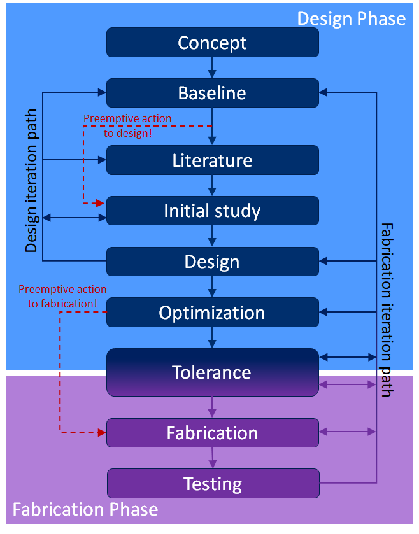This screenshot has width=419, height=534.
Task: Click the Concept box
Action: tap(213, 42)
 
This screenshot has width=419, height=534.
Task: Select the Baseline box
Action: tap(213, 93)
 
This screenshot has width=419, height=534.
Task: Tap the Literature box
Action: tap(213, 160)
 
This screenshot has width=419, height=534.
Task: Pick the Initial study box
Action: tap(213, 211)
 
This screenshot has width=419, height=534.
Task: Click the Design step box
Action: tap(213, 262)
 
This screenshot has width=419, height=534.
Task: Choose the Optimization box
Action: tap(213, 313)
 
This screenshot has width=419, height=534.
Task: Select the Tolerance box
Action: tap(213, 372)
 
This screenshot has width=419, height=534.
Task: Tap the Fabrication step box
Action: tap(213, 433)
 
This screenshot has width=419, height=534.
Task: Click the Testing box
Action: tap(213, 483)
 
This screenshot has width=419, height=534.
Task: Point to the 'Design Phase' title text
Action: tap(352, 18)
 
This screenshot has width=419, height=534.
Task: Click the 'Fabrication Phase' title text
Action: tap(85, 509)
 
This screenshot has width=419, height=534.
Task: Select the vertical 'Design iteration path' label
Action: tap(31, 181)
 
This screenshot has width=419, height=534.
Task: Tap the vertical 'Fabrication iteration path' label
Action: tap(387, 310)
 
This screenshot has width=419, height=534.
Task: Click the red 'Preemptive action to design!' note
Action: tap(127, 125)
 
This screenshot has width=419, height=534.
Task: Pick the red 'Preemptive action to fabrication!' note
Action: tap(62, 297)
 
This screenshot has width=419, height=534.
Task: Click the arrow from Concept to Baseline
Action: tap(212, 67)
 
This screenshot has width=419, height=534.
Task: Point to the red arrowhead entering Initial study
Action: tap(100, 203)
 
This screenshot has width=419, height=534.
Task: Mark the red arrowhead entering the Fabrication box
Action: tap(102, 433)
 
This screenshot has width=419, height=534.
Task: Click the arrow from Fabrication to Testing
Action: tap(212, 458)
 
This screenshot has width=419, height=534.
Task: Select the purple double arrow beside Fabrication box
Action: tap(348, 432)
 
